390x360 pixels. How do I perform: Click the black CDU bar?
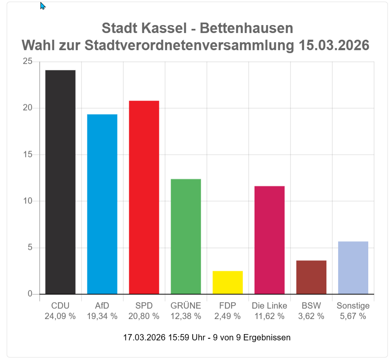click(x=60, y=182)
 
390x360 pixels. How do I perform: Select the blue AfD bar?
click(x=102, y=204)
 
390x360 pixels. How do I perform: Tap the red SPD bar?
click(x=144, y=197)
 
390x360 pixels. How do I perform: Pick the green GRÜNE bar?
click(x=186, y=236)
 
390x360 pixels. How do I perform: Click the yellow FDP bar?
click(x=227, y=282)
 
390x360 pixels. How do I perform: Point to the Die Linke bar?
click(x=269, y=240)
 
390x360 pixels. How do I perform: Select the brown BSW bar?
click(x=311, y=277)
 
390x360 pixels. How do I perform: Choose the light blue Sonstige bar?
click(x=353, y=267)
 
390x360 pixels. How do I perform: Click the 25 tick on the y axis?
click(x=28, y=62)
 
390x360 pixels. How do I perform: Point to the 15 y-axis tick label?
click(x=28, y=155)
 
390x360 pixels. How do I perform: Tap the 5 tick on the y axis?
click(x=30, y=248)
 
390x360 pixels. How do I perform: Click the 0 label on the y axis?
click(x=30, y=294)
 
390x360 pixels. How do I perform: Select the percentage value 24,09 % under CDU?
click(x=60, y=316)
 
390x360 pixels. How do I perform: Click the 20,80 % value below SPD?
click(x=144, y=316)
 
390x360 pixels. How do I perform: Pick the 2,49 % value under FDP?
click(x=227, y=316)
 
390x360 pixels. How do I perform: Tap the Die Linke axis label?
click(x=269, y=306)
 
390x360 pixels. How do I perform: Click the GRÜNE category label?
click(x=186, y=306)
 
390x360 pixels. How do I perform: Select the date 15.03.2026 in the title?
click(x=334, y=45)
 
